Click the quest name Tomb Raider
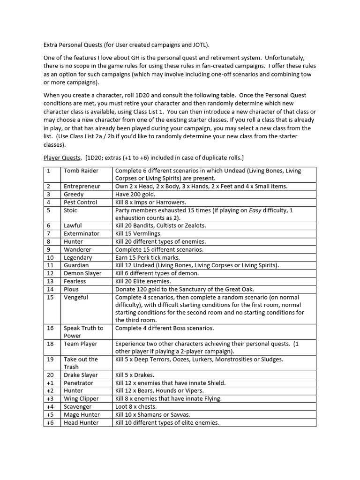[x=81, y=171]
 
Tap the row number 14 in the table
[x=50, y=289]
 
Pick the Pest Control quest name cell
[x=80, y=202]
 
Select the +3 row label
[x=50, y=398]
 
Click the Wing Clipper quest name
[x=81, y=398]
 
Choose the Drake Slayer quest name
[x=81, y=375]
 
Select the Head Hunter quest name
[x=81, y=422]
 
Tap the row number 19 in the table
[x=50, y=359]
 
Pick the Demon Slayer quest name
[x=82, y=273]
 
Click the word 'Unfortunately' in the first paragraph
[x=287, y=57]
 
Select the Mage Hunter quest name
[x=82, y=414]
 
